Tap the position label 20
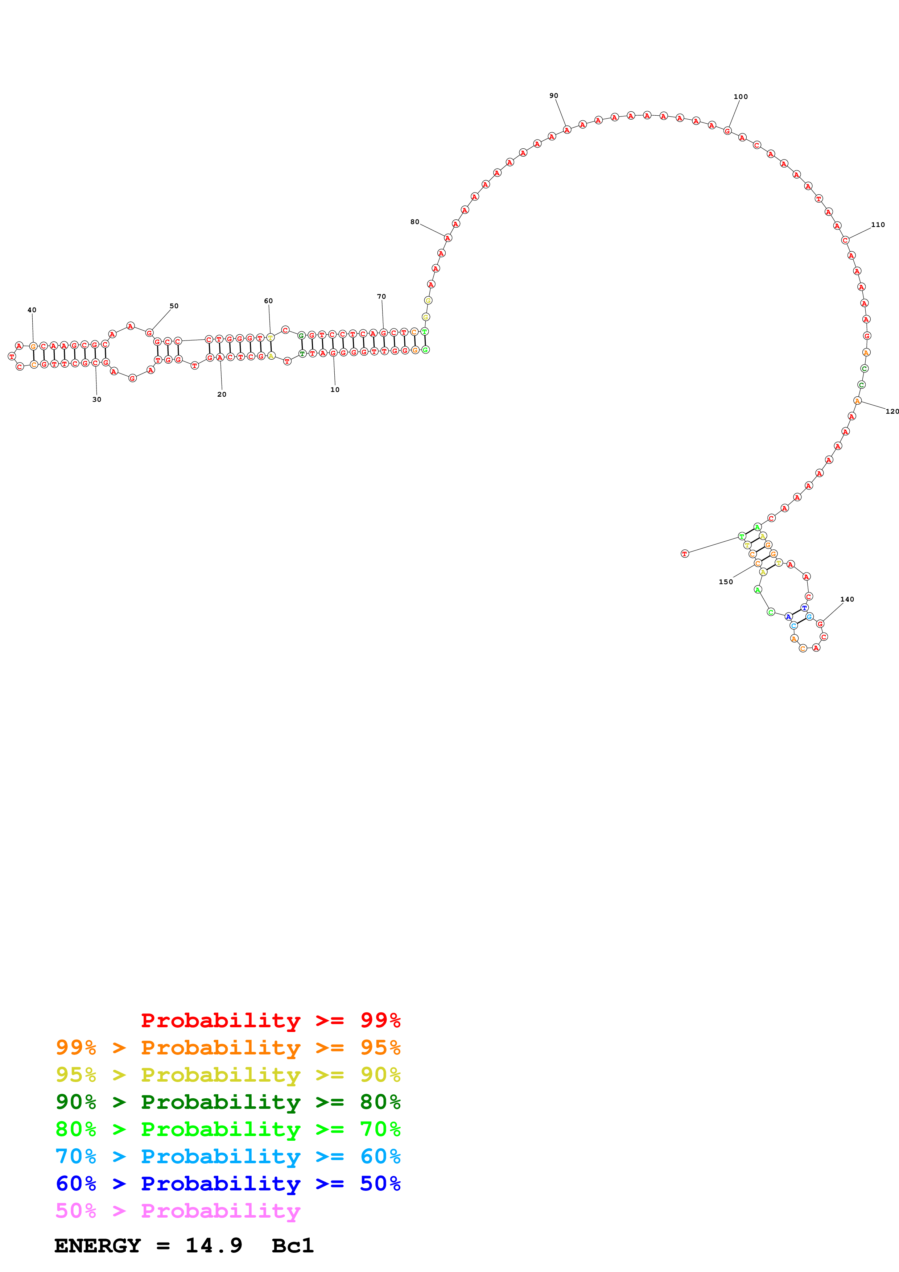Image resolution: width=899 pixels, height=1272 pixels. pos(222,395)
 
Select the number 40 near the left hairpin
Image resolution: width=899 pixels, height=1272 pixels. pos(32,310)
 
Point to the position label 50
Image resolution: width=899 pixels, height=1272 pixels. pos(174,306)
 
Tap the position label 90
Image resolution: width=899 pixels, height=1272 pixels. pos(553,96)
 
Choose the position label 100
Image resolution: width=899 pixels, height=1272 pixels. pos(740,97)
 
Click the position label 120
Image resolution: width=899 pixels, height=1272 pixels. pos(891,412)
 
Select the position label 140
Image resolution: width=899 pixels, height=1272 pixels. pos(846,599)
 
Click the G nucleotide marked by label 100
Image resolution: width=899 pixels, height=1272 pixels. pos(727,131)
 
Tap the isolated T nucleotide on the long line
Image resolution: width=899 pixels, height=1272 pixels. pos(685,553)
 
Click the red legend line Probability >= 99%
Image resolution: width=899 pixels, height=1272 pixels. pos(270,1020)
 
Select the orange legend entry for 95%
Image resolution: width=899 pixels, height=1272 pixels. pos(228,1048)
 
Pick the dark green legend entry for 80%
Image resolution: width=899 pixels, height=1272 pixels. pos(228,1102)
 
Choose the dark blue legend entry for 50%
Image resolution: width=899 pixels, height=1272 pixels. pos(228,1184)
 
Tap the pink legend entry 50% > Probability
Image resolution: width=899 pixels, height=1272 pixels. pos(177,1211)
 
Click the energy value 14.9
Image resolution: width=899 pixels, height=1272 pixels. pos(214,1246)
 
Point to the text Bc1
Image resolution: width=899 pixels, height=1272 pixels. pos(292,1246)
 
